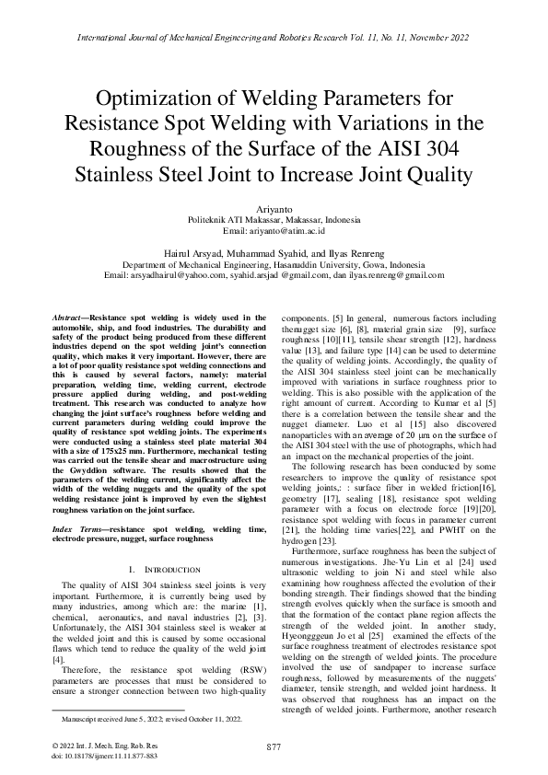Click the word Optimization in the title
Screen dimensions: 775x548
click(164, 98)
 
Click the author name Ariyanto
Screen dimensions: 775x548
click(274, 210)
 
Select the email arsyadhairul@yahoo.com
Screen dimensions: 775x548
click(156, 275)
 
